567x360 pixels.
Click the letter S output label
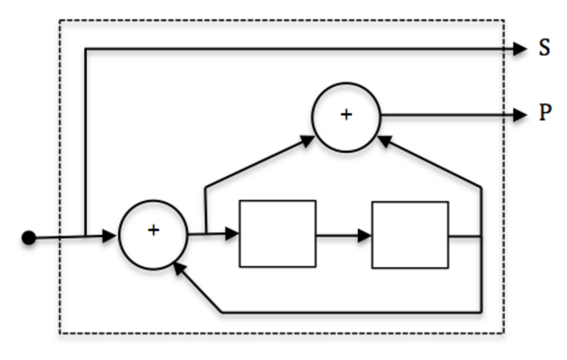544,47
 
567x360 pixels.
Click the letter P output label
545,112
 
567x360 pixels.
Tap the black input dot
29,237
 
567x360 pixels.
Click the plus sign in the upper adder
346,115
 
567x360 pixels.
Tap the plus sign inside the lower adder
153,230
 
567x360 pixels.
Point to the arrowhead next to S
520,49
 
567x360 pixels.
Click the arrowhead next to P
520,115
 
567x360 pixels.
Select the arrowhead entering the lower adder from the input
109,236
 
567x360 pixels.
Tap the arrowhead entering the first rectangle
232,234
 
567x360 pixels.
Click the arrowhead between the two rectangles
365,236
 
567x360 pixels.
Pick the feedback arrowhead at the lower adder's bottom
179,268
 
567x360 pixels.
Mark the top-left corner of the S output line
85,49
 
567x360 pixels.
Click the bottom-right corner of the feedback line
481,313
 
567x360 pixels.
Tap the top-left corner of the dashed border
60,20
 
